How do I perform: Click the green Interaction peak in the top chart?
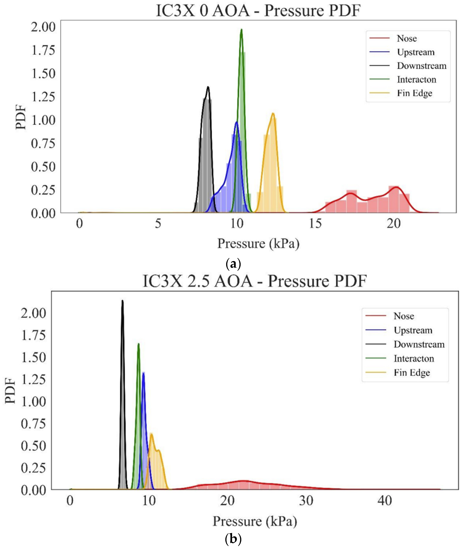click(241, 30)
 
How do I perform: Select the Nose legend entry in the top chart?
click(407, 38)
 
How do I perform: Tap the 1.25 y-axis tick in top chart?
click(44, 97)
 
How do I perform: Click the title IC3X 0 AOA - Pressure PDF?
click(258, 11)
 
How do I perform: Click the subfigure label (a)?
click(233, 264)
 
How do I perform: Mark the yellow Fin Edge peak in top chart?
click(273, 113)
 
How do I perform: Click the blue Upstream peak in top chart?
click(237, 122)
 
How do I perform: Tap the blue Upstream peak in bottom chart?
click(143, 373)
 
